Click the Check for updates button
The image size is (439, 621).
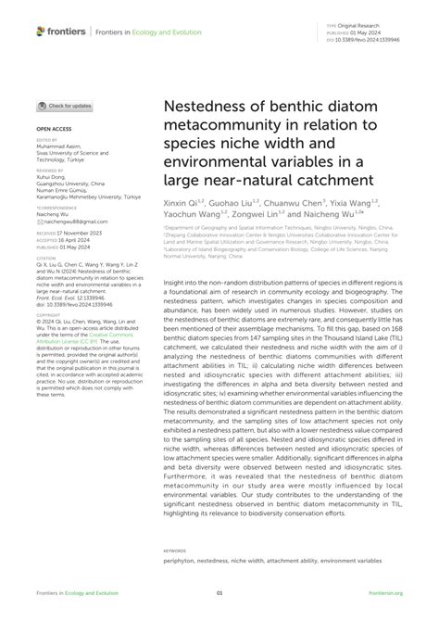(x=65, y=108)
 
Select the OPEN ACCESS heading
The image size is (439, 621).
(x=55, y=131)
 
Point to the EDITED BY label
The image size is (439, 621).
(x=46, y=141)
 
